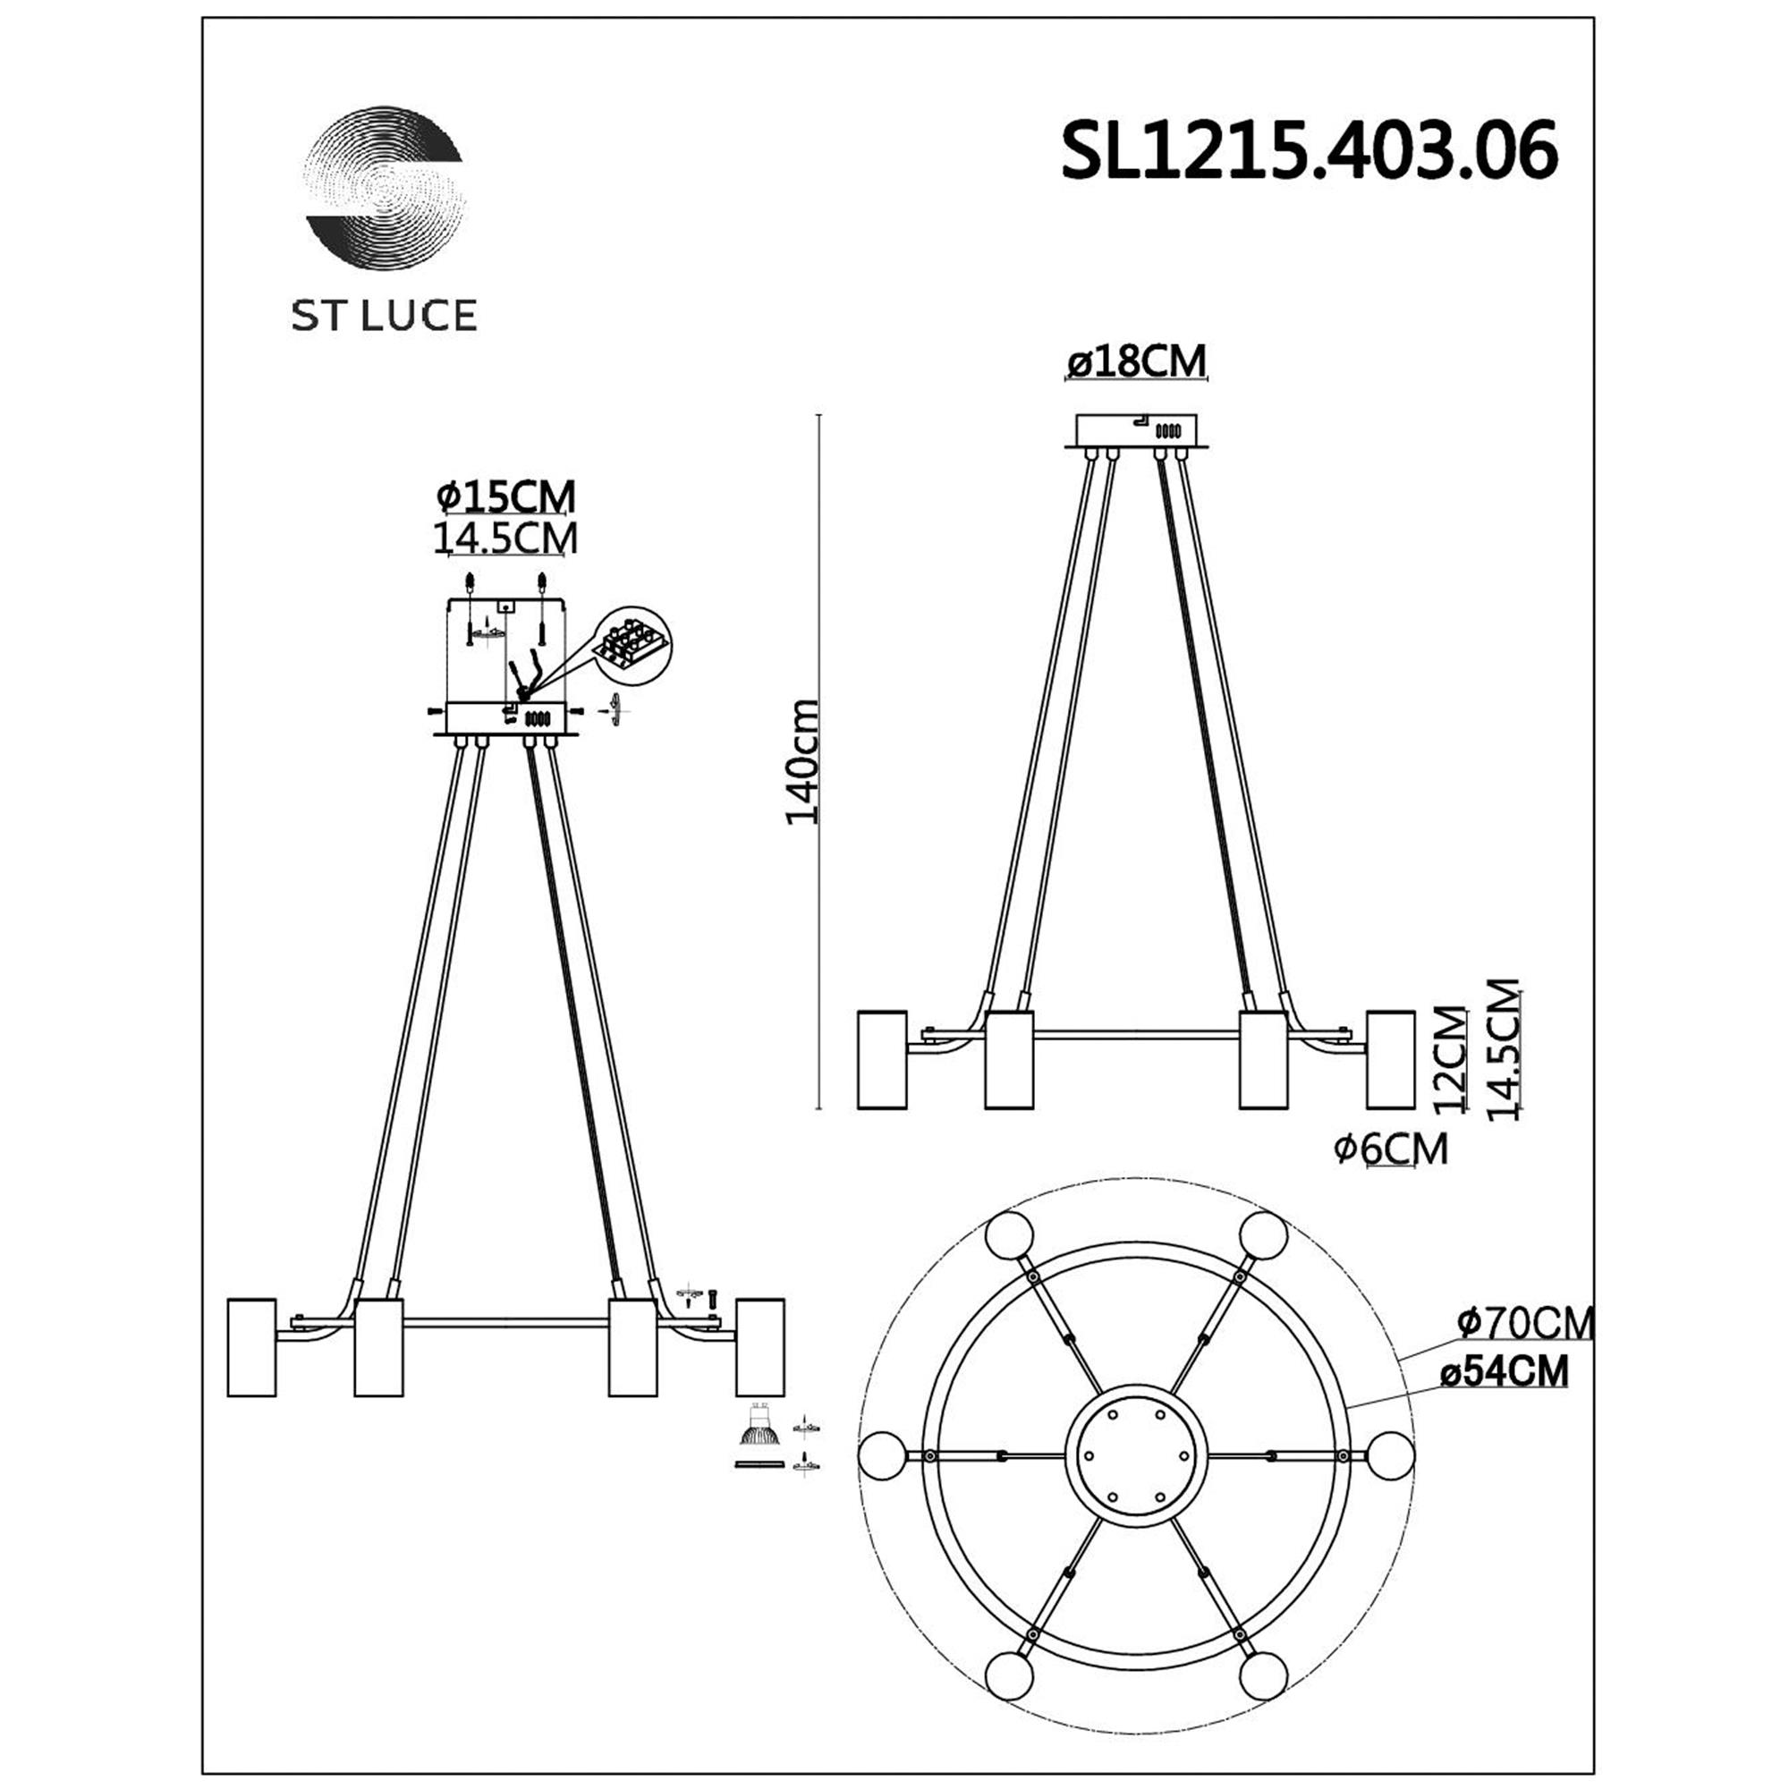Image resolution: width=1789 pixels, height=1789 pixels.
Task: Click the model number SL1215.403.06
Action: (1309, 152)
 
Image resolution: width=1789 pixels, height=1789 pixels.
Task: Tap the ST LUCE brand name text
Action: (385, 317)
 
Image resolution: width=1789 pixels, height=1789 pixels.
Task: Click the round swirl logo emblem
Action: (385, 188)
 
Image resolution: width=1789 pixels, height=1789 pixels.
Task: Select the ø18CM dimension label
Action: (1136, 361)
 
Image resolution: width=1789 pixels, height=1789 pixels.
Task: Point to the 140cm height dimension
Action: (801, 762)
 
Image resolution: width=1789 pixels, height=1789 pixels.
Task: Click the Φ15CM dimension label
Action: (505, 497)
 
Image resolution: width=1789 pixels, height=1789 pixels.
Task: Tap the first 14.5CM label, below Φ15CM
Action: (505, 538)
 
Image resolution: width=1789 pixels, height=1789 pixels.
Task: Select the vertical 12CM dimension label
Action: (1449, 1060)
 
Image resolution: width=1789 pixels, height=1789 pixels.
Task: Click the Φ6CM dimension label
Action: (1391, 1149)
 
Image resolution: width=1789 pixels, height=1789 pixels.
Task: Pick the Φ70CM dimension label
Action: (1525, 1323)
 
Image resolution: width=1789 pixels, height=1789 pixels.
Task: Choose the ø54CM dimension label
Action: (1505, 1371)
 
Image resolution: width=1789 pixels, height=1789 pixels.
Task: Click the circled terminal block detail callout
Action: (632, 647)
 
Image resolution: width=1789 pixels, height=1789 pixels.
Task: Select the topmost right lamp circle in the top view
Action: (1263, 1234)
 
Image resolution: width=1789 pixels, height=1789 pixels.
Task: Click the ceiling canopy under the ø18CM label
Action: (1136, 430)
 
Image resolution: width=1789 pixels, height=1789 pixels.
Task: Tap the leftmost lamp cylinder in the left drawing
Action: (251, 1346)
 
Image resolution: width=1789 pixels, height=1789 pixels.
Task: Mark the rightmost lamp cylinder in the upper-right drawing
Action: (1390, 1059)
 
